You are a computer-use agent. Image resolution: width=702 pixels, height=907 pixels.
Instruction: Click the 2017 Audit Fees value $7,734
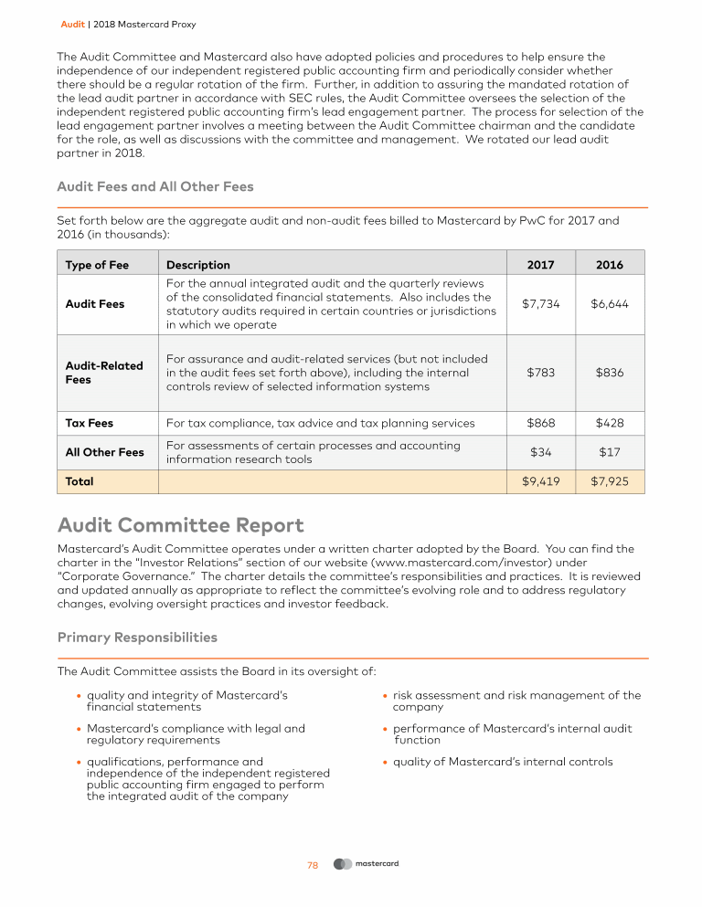(x=540, y=304)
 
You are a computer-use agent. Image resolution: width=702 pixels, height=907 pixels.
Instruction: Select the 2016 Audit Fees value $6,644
(x=609, y=304)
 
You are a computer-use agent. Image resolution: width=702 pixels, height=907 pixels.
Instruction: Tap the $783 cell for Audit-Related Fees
(x=540, y=373)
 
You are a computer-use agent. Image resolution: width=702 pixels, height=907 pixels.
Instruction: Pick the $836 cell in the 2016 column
(x=609, y=373)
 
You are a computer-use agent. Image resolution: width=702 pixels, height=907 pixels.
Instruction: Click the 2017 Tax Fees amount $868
(x=540, y=423)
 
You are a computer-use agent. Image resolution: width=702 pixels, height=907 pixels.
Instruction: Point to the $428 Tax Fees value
(x=609, y=423)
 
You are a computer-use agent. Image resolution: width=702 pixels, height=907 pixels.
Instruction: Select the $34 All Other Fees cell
(x=540, y=452)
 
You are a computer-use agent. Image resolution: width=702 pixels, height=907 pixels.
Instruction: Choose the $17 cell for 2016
(x=609, y=452)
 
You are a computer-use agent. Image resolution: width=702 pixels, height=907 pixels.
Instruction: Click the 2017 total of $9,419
(x=540, y=480)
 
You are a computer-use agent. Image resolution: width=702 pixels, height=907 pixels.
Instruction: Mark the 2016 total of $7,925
(x=609, y=480)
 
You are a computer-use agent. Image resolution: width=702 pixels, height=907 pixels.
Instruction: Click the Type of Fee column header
(x=97, y=265)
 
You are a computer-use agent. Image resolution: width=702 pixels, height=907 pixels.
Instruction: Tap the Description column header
(x=198, y=265)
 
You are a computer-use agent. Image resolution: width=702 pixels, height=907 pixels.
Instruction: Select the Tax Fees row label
(x=90, y=423)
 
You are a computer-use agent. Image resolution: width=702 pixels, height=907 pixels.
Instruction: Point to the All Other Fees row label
(x=104, y=452)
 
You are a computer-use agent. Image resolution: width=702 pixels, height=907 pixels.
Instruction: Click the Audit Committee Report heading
(x=180, y=526)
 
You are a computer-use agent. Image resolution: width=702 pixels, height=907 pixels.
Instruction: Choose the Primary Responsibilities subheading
(x=137, y=637)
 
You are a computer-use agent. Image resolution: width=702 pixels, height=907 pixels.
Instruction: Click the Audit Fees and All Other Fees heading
(x=155, y=187)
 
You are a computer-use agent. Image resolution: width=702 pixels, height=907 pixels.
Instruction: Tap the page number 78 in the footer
(x=312, y=865)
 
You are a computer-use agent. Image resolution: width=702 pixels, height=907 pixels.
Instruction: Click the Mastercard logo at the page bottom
(x=367, y=864)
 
